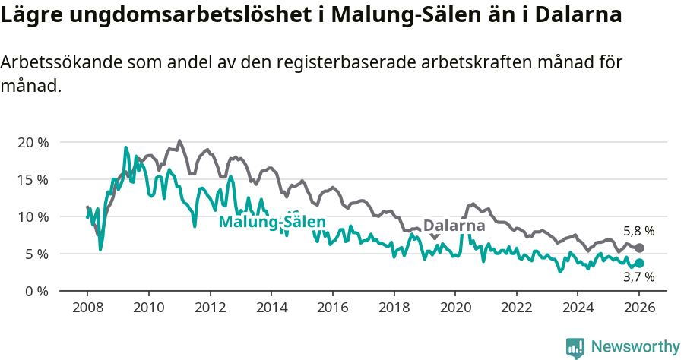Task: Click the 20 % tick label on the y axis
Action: click(32, 142)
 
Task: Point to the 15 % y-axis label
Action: click(32, 179)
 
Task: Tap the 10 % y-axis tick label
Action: click(32, 216)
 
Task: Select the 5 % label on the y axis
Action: click(36, 254)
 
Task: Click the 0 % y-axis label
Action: click(36, 291)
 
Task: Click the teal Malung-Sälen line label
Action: click(272, 222)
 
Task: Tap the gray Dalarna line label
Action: click(454, 226)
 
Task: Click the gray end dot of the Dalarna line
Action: click(639, 248)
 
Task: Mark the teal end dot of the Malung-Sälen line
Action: click(639, 263)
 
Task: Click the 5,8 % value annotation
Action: click(638, 231)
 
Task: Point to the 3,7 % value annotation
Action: click(638, 278)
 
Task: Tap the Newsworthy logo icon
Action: click(575, 347)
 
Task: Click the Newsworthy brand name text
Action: click(635, 347)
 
